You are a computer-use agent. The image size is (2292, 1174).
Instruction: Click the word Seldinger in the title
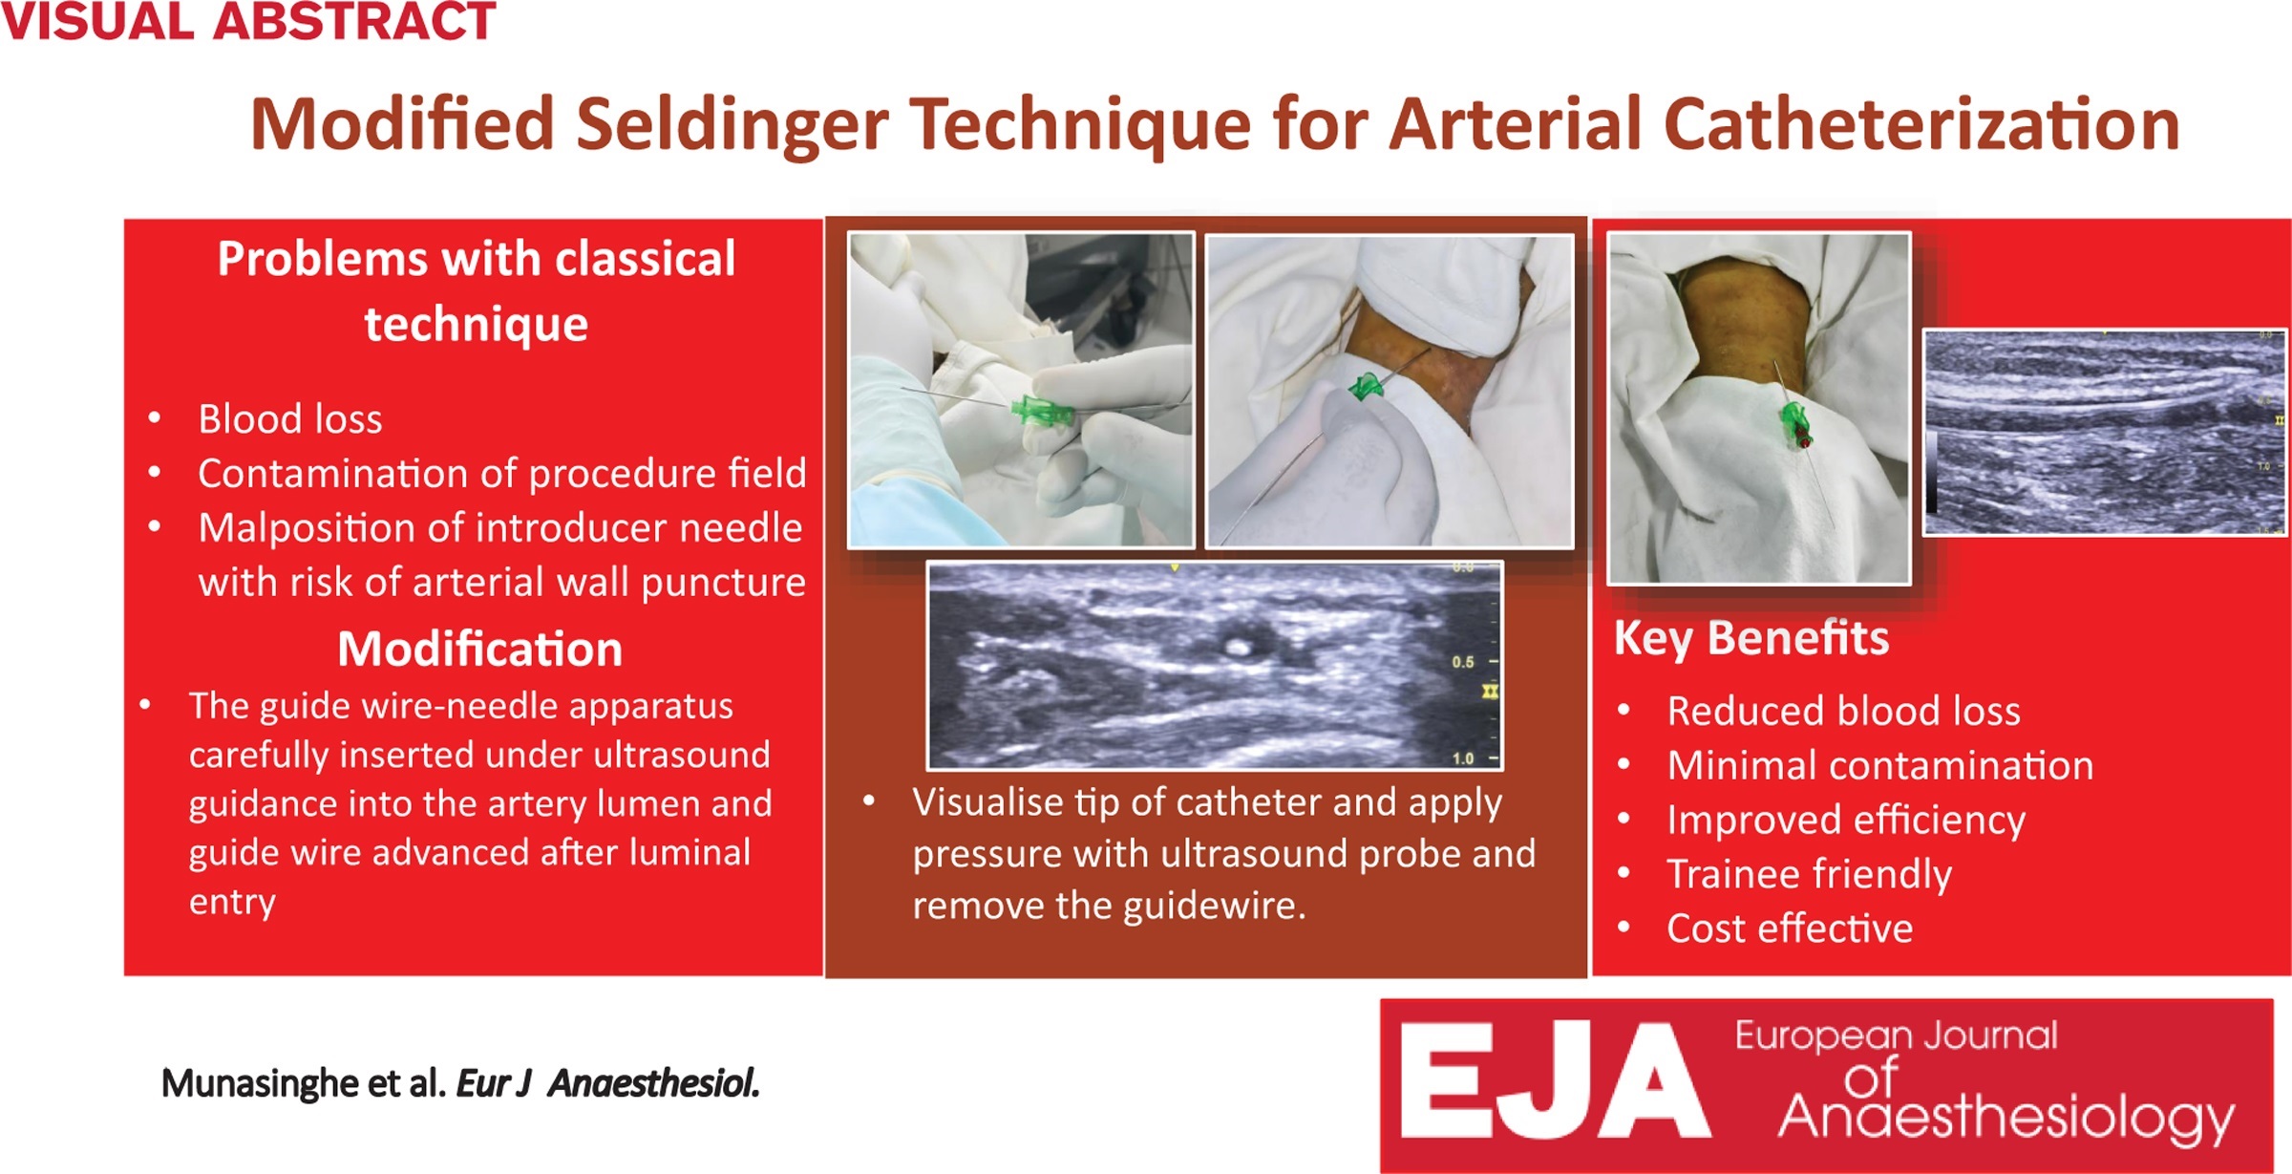pyautogui.click(x=732, y=125)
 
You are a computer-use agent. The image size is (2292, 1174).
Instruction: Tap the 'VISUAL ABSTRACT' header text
pyautogui.click(x=248, y=21)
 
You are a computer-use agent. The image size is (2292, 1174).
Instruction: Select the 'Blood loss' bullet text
pyautogui.click(x=290, y=419)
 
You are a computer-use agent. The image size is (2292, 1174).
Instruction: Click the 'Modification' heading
pyautogui.click(x=480, y=649)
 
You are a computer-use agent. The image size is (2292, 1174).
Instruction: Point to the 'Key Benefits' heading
pyautogui.click(x=1751, y=639)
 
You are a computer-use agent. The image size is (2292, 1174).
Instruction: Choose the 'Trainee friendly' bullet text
pyautogui.click(x=1810, y=875)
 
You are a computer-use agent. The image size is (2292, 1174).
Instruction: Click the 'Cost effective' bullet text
pyautogui.click(x=1791, y=929)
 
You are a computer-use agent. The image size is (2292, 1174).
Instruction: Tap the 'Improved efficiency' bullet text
pyautogui.click(x=1846, y=821)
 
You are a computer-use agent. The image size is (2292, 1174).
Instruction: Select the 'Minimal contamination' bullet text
pyautogui.click(x=1880, y=765)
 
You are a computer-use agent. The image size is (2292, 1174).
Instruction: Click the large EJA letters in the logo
pyautogui.click(x=1554, y=1080)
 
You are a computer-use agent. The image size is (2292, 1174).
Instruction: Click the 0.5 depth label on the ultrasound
pyautogui.click(x=1463, y=662)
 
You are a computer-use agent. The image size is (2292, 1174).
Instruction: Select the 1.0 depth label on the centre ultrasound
pyautogui.click(x=1463, y=758)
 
